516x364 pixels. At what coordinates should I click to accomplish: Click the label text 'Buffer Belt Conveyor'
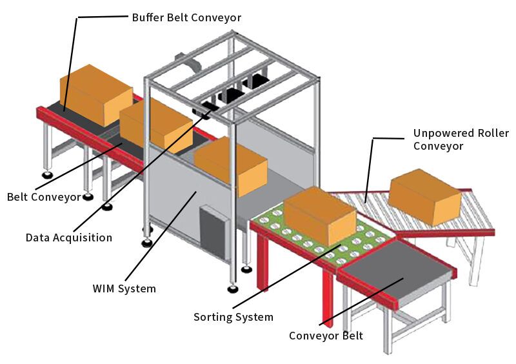(x=186, y=17)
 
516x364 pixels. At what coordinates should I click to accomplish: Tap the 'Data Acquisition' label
(x=69, y=238)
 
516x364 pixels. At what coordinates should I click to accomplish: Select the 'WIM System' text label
(x=124, y=288)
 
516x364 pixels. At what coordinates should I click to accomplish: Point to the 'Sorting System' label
(x=233, y=317)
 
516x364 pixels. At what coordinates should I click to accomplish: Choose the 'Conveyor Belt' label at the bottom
(x=326, y=336)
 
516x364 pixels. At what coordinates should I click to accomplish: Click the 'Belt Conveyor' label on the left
(x=44, y=196)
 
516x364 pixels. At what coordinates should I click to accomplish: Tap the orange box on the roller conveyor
(x=424, y=196)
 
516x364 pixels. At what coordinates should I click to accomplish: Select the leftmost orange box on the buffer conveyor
(x=95, y=95)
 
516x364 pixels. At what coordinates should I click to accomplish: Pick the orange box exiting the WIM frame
(x=230, y=166)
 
